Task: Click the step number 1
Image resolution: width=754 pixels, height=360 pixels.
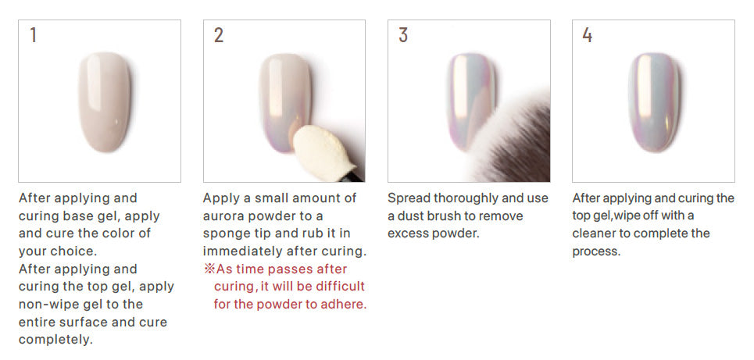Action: tap(33, 34)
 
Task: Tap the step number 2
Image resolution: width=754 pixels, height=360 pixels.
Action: tap(219, 34)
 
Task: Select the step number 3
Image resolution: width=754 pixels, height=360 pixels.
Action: tap(403, 34)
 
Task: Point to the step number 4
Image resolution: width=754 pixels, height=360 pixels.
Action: tap(587, 34)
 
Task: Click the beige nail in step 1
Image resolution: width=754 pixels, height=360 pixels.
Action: tap(104, 102)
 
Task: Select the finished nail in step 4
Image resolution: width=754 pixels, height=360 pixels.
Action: tap(654, 102)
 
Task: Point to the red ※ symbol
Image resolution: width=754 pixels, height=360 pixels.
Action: tap(209, 269)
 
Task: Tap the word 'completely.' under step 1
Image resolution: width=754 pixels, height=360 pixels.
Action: tap(55, 340)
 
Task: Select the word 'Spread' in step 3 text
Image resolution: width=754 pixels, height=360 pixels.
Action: tap(409, 198)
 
